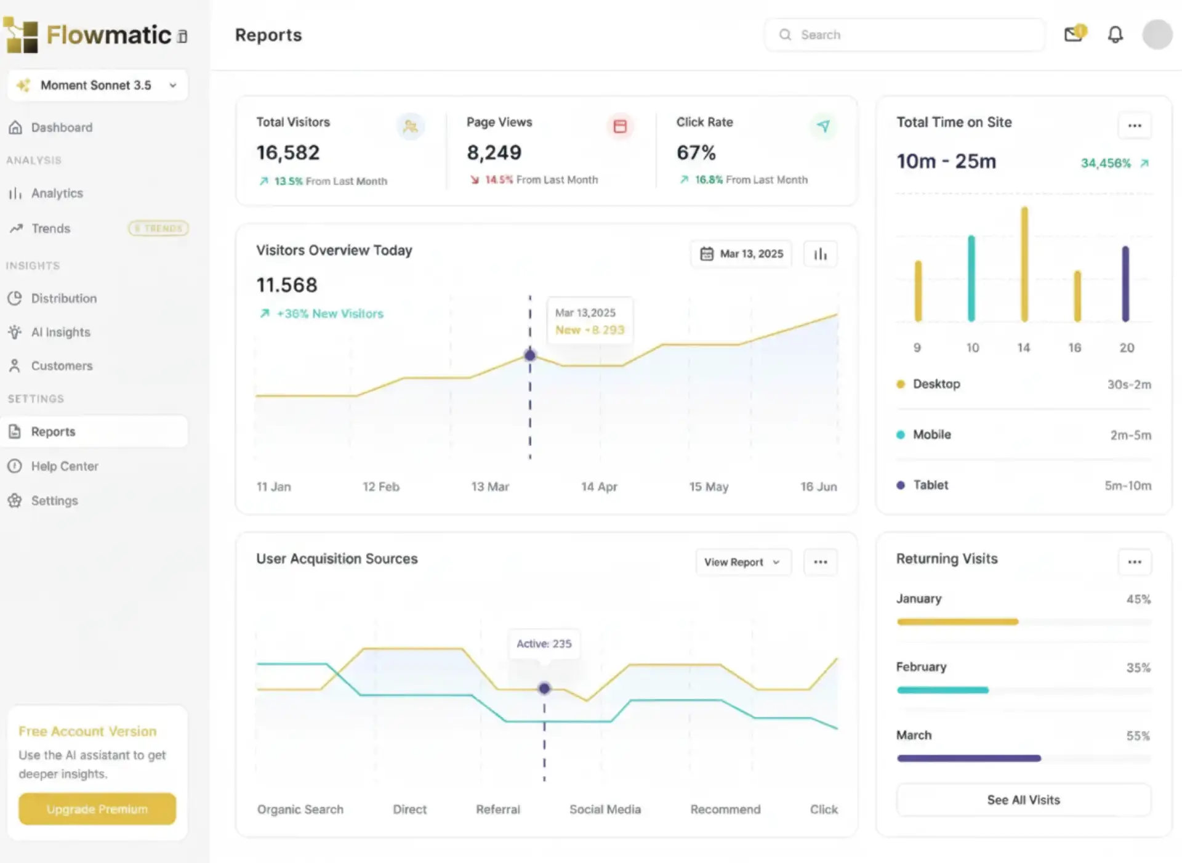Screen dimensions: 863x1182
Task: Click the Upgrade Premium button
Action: coord(97,809)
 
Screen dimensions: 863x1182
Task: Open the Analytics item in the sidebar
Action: coord(57,193)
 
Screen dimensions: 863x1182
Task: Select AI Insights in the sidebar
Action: coord(60,332)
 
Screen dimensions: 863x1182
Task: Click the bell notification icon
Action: coord(1115,34)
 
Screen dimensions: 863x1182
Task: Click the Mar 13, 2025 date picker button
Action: coord(741,254)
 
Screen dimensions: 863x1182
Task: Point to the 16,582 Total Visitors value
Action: coord(288,152)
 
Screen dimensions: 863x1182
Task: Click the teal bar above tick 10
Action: coord(971,278)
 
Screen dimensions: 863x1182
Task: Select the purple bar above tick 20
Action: coord(1125,283)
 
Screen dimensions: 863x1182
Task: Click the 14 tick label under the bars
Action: coord(1023,347)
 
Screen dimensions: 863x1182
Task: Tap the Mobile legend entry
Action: coord(931,434)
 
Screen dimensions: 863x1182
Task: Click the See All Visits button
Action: coord(1023,800)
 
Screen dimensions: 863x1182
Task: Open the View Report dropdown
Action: coord(742,562)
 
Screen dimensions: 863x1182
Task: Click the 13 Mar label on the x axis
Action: coord(490,487)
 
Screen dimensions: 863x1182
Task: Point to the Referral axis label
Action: coord(497,809)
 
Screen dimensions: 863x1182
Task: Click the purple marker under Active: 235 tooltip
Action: coord(544,688)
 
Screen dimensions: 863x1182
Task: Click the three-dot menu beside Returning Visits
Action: coord(1135,562)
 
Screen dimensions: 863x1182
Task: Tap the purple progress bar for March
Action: coord(969,758)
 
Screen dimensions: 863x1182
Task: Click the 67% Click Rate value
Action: coord(696,152)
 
